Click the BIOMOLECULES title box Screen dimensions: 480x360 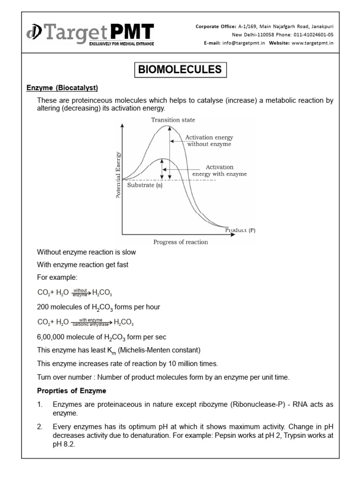(x=180, y=70)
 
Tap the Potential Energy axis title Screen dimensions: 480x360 (x=118, y=175)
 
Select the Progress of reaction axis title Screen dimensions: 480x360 (x=180, y=242)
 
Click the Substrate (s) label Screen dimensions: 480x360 (x=146, y=185)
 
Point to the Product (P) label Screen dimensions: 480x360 (x=240, y=230)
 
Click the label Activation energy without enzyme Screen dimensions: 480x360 (x=209, y=141)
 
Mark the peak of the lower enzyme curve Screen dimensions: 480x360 (x=162, y=159)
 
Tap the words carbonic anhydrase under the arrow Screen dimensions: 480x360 (x=91, y=324)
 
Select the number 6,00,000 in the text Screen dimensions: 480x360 (x=52, y=337)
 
